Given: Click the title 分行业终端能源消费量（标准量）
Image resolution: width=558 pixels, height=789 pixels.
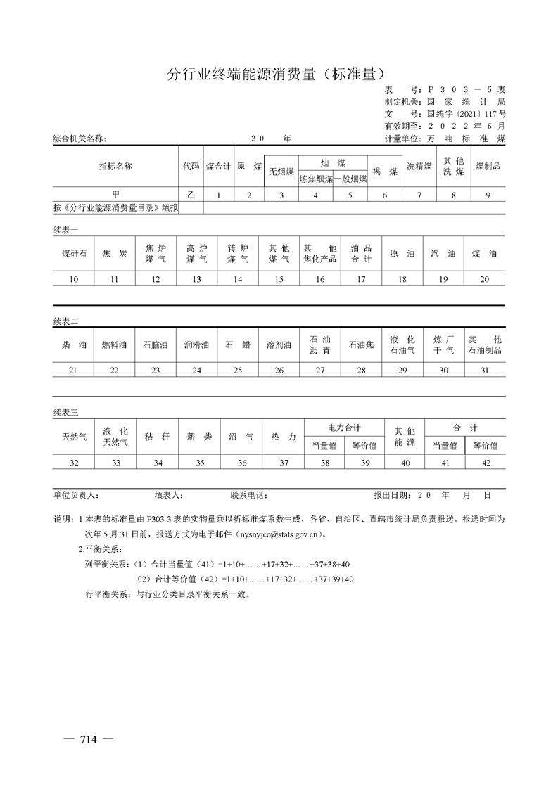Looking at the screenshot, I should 279,73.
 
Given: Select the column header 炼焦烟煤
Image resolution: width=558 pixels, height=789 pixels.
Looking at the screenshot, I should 315,179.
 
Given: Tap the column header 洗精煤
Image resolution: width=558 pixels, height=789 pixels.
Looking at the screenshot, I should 419,167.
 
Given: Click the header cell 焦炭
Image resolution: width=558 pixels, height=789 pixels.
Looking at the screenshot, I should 115,254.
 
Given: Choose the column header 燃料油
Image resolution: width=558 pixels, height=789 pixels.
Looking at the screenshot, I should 115,345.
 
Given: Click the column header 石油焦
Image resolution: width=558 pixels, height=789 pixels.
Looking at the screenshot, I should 361,345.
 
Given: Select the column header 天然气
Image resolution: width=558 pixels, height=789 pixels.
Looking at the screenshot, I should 73,437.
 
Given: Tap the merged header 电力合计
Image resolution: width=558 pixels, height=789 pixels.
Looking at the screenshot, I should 344,428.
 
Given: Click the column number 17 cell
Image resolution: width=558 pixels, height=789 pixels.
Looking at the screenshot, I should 361,279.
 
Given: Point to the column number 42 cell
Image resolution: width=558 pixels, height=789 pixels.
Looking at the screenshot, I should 485,462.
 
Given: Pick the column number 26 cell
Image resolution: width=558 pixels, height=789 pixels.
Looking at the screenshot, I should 279,371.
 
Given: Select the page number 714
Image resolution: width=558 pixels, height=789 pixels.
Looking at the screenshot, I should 88,738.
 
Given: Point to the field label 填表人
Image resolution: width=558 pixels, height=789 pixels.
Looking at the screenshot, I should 170,495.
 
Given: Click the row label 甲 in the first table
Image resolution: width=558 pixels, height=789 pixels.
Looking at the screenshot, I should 115,195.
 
